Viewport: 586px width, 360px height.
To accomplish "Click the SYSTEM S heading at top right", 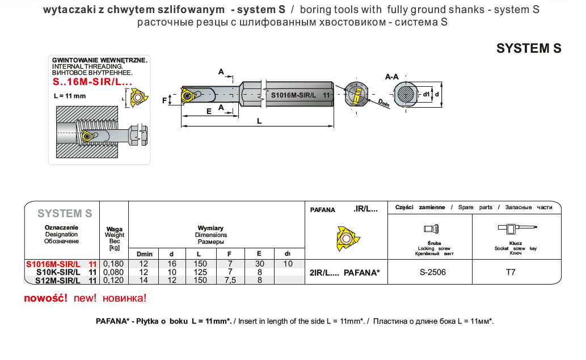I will click(x=529, y=49).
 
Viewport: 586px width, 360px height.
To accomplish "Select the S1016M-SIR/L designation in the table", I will click(x=53, y=264).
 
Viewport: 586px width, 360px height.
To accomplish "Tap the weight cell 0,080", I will click(x=114, y=272).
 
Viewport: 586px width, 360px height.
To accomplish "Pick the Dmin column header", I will click(x=145, y=253).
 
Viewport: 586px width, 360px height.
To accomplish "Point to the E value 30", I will click(x=259, y=264).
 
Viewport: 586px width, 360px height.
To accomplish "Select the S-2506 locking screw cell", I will click(x=432, y=272).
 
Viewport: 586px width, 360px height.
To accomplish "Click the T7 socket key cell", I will click(x=511, y=272).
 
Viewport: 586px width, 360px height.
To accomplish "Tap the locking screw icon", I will click(x=432, y=228).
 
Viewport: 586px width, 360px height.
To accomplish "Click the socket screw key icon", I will click(x=516, y=228).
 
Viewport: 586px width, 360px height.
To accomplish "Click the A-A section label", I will click(x=391, y=77).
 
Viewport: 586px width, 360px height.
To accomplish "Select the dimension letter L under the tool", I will click(x=259, y=121).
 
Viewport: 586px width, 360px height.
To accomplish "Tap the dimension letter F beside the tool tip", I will click(x=165, y=100).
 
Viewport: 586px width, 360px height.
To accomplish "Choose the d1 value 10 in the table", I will click(x=288, y=264).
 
